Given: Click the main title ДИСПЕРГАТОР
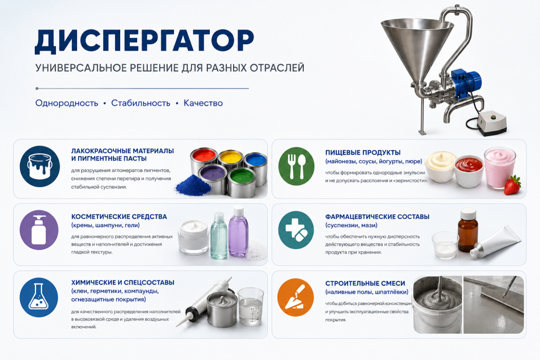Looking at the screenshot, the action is [144, 41].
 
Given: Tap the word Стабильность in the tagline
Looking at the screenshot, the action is [140, 103].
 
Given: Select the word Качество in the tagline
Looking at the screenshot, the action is [203, 103].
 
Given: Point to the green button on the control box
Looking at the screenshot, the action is [493, 117].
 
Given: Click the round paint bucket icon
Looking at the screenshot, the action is [40, 167].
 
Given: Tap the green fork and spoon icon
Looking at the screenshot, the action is [296, 166].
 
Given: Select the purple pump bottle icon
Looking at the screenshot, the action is [39, 230].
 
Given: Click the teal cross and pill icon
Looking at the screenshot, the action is [296, 230].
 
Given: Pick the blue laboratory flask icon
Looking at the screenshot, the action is [39, 297].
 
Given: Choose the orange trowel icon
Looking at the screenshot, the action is [296, 298].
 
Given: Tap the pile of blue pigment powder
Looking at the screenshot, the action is [193, 186].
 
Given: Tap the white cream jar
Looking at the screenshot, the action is [194, 237].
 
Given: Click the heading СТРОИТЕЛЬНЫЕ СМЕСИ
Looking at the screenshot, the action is [365, 284].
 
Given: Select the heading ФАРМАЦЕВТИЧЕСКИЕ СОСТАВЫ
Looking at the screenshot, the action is [377, 217].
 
